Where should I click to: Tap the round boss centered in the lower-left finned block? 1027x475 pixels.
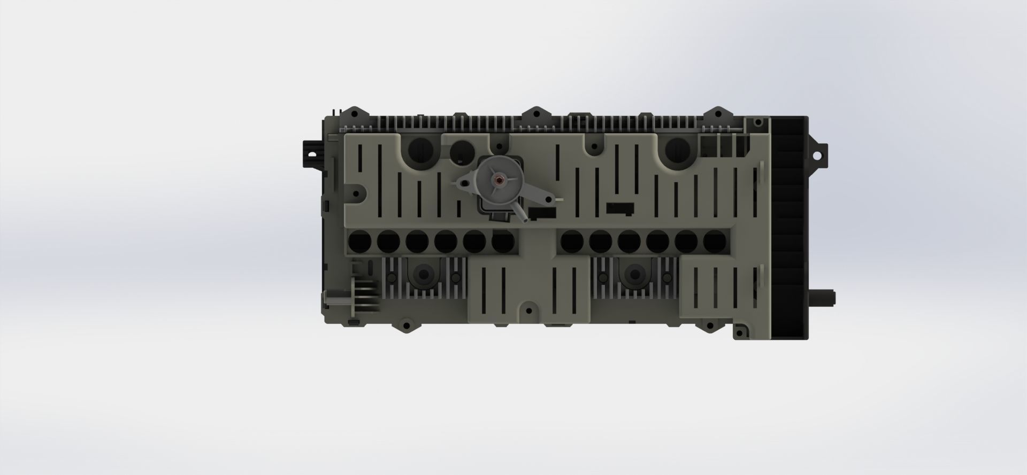pyautogui.click(x=424, y=275)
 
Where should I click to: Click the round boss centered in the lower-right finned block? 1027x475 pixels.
pyautogui.click(x=634, y=275)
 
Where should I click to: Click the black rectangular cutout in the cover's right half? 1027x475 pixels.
pyautogui.click(x=619, y=207)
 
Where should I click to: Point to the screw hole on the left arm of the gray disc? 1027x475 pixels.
pyautogui.click(x=464, y=183)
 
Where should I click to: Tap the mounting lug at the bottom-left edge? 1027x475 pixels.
pyautogui.click(x=405, y=325)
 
